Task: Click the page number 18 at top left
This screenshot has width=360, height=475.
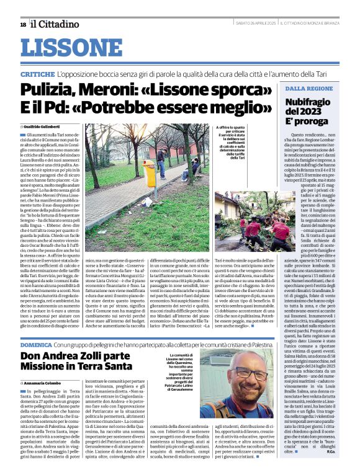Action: [x=23, y=24]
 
